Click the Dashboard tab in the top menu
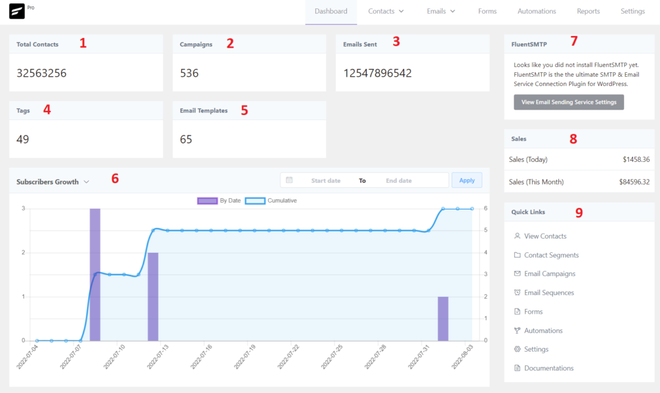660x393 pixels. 331,12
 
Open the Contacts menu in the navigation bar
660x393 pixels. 385,12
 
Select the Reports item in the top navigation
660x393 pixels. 588,12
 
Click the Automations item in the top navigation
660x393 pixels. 536,12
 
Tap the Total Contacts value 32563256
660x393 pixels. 41,73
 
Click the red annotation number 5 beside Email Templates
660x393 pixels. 244,110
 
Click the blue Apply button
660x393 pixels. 467,180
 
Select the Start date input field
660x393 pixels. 325,181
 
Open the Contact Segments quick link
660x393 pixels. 551,256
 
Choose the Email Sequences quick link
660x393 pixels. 548,293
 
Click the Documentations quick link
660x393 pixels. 548,368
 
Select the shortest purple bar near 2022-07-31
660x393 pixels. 443,319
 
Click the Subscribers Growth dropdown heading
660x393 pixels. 52,182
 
